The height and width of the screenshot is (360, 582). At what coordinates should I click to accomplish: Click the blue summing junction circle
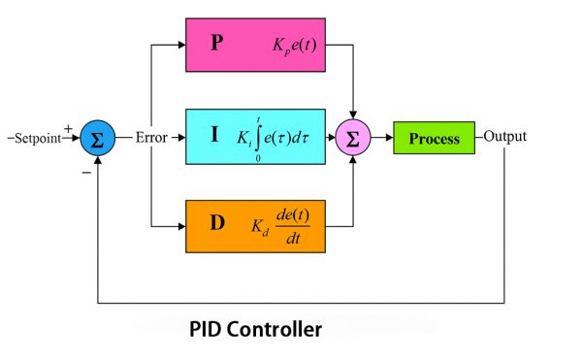tap(97, 139)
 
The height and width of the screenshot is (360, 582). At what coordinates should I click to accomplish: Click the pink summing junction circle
tap(352, 139)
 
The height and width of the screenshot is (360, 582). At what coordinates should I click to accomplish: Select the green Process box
tap(434, 138)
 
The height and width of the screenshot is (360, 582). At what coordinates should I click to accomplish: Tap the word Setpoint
tap(36, 138)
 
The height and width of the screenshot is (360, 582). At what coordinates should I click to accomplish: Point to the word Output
tap(504, 137)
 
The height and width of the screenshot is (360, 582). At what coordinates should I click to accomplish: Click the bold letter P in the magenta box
tap(217, 45)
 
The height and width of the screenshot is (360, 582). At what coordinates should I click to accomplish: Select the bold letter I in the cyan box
tap(214, 135)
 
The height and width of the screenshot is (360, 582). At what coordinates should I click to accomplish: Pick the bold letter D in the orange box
tap(217, 222)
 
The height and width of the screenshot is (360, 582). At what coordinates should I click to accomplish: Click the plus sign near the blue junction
tap(67, 126)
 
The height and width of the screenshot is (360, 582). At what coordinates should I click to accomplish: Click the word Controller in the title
tap(274, 329)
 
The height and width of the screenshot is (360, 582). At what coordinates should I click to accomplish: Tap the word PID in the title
tap(207, 329)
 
